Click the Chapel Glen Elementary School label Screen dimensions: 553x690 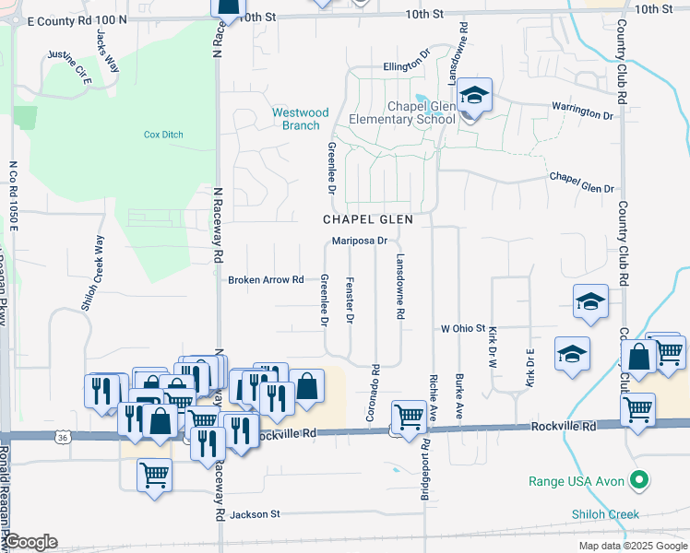point(402,112)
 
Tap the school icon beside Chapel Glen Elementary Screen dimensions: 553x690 point(474,95)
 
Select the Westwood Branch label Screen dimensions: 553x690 point(300,119)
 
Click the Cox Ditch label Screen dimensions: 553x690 point(163,135)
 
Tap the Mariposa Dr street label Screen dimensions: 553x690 point(359,241)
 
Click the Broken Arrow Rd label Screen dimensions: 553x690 point(266,279)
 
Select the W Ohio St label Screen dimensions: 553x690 point(462,328)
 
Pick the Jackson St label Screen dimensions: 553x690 point(255,514)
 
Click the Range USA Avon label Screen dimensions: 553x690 point(577,481)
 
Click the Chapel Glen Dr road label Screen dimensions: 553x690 point(580,182)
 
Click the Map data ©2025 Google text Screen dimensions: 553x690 point(632,546)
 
